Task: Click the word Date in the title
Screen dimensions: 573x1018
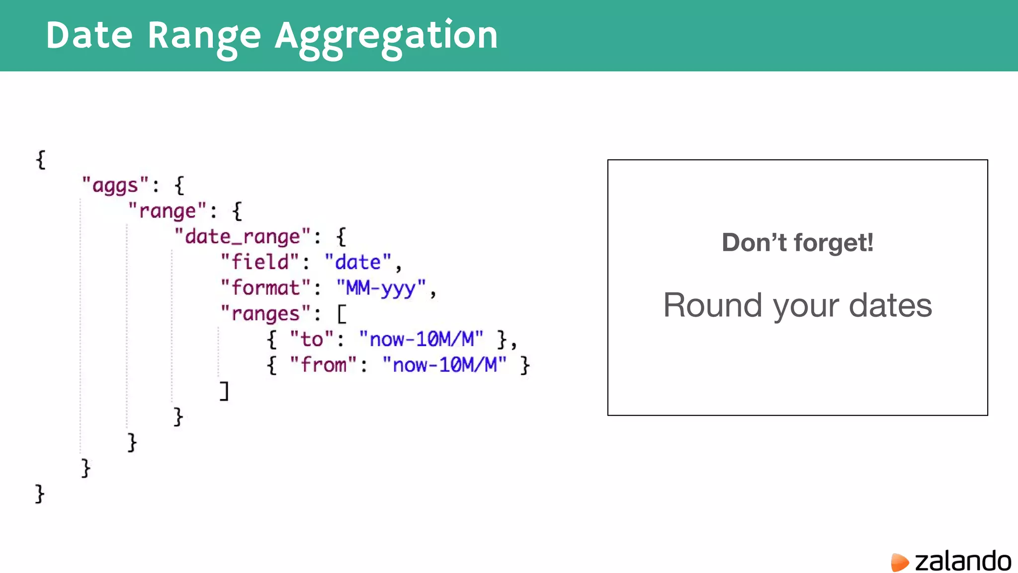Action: (89, 35)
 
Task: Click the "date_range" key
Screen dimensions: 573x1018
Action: (243, 237)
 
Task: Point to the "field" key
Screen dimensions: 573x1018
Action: (260, 262)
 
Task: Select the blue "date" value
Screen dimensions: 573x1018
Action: (358, 262)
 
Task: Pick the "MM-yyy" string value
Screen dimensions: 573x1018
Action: (381, 288)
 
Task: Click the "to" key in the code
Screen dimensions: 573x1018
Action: (312, 340)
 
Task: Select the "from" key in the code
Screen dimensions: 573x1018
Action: (323, 365)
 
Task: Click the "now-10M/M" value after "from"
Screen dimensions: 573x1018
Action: (444, 365)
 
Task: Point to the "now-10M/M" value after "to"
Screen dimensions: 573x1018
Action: (421, 340)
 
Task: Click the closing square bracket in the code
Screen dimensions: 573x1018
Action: (225, 391)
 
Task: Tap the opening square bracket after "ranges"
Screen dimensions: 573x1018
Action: (341, 314)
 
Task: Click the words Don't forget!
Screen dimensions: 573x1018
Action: (797, 243)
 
